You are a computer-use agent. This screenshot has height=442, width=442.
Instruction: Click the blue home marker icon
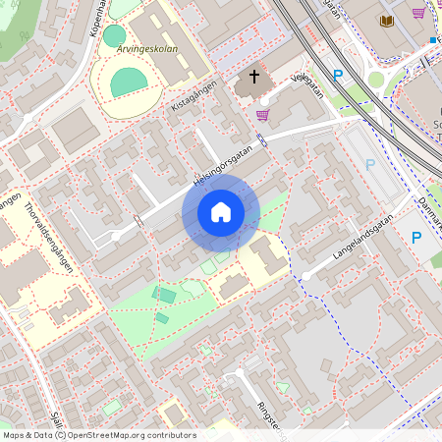tap(221, 211)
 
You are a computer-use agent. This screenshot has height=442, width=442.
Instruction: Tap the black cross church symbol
tap(253, 77)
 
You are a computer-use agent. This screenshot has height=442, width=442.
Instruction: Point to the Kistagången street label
tap(192, 95)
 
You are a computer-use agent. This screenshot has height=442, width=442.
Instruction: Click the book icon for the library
tap(387, 20)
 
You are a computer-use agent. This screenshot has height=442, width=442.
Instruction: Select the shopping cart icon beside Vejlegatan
tap(262, 114)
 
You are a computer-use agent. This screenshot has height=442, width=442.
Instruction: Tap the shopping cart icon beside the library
tap(418, 13)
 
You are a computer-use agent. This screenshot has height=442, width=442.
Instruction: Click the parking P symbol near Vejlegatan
tap(338, 75)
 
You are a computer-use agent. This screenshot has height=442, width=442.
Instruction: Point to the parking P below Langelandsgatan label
tap(415, 237)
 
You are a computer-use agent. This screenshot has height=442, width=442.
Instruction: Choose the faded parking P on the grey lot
tap(370, 165)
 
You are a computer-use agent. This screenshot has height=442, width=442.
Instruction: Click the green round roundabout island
tap(375, 80)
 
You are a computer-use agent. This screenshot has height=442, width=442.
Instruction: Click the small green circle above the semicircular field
tap(115, 35)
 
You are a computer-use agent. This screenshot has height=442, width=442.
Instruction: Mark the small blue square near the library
tap(432, 40)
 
